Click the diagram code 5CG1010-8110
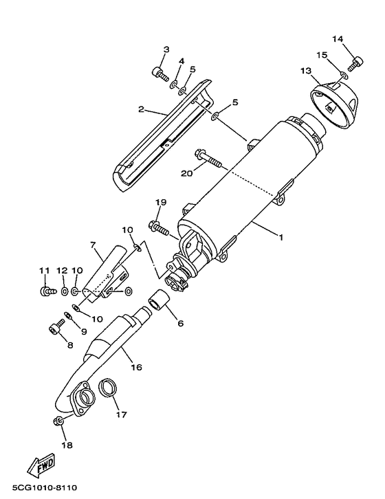click(45, 487)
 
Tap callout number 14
click(338, 38)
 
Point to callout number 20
click(187, 173)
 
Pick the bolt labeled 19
click(159, 228)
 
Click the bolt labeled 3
click(160, 74)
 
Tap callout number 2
click(142, 109)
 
